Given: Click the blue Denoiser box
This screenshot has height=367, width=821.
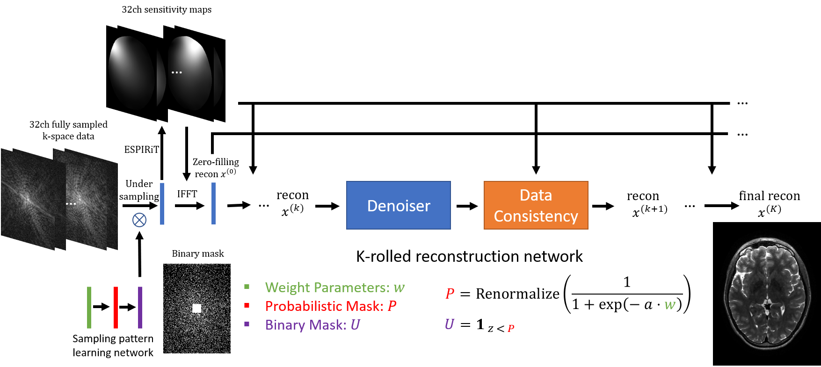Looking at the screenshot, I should tap(398, 205).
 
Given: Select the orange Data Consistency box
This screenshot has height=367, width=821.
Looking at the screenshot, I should tap(536, 205).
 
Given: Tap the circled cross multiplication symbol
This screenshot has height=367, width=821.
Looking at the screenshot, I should tap(139, 220).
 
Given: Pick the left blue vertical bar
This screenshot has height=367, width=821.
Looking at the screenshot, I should tap(162, 203).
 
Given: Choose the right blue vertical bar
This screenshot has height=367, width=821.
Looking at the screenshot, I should tap(213, 203).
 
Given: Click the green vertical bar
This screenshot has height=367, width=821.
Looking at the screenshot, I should tap(89, 308).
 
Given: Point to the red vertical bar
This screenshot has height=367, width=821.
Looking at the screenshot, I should tap(116, 308).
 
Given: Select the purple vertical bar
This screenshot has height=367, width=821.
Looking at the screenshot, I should tap(140, 308).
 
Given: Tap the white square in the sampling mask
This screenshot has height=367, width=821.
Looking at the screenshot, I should tap(196, 308).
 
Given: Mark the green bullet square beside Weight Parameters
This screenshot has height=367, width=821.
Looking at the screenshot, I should tap(247, 287).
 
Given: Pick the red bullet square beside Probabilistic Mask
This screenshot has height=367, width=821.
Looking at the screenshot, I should tap(247, 305).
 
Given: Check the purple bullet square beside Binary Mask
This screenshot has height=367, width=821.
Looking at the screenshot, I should tap(247, 324).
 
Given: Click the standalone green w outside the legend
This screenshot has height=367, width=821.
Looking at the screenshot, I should tap(670, 305).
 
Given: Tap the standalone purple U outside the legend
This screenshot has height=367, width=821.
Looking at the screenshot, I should tap(449, 324).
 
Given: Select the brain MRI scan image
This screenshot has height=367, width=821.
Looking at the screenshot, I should tap(767, 294).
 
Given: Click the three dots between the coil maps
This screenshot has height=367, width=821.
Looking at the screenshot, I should tap(176, 72).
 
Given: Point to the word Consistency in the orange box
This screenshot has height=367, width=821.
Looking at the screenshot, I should tap(536, 216).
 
